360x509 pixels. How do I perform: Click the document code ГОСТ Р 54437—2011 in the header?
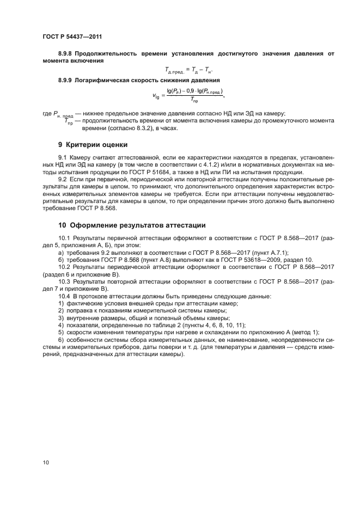[x=72, y=36]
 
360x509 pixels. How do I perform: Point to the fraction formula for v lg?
[x=188, y=96]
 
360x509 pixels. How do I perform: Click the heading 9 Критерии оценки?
[x=93, y=145]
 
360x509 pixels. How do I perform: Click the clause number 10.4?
[x=64, y=295]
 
